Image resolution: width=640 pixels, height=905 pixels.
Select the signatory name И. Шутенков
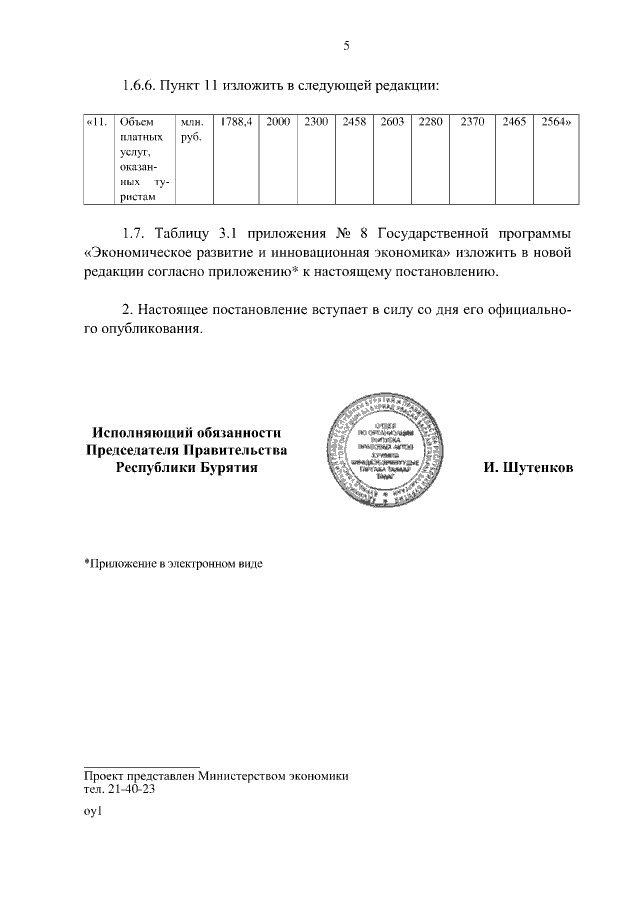528,467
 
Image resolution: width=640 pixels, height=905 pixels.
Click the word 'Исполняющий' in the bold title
136,432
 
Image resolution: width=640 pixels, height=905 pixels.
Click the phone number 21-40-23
129,788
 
